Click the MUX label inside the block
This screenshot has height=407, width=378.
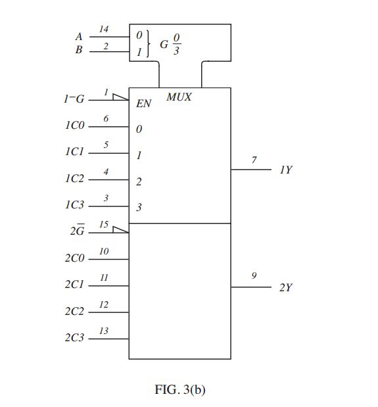click(x=179, y=97)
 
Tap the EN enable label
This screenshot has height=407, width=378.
click(x=143, y=104)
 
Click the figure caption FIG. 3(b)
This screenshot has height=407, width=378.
click(x=180, y=389)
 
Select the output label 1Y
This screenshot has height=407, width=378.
click(x=286, y=170)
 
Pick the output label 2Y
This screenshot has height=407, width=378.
click(x=286, y=288)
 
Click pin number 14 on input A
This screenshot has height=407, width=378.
click(x=104, y=29)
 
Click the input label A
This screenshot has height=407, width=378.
click(x=80, y=36)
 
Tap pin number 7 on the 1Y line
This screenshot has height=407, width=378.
click(x=254, y=160)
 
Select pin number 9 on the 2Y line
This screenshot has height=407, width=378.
click(x=254, y=277)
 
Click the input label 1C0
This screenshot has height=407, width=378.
click(x=74, y=126)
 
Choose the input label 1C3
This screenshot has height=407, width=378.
click(x=74, y=205)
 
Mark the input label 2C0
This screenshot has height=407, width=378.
click(x=74, y=258)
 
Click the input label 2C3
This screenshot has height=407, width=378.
click(x=74, y=338)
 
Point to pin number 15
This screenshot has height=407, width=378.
click(x=104, y=225)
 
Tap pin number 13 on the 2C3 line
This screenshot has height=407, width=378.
click(x=104, y=331)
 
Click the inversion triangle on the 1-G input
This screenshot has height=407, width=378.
click(x=120, y=97)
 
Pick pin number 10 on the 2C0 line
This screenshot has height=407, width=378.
click(x=104, y=251)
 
